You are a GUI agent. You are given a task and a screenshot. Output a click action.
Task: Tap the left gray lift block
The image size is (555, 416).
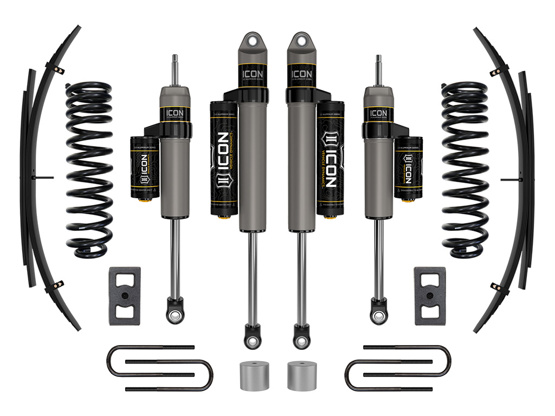click(125, 296)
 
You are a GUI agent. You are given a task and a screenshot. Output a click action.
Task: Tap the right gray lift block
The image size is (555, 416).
click(430, 296)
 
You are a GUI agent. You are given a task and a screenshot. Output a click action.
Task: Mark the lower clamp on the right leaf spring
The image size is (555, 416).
click(496, 287)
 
